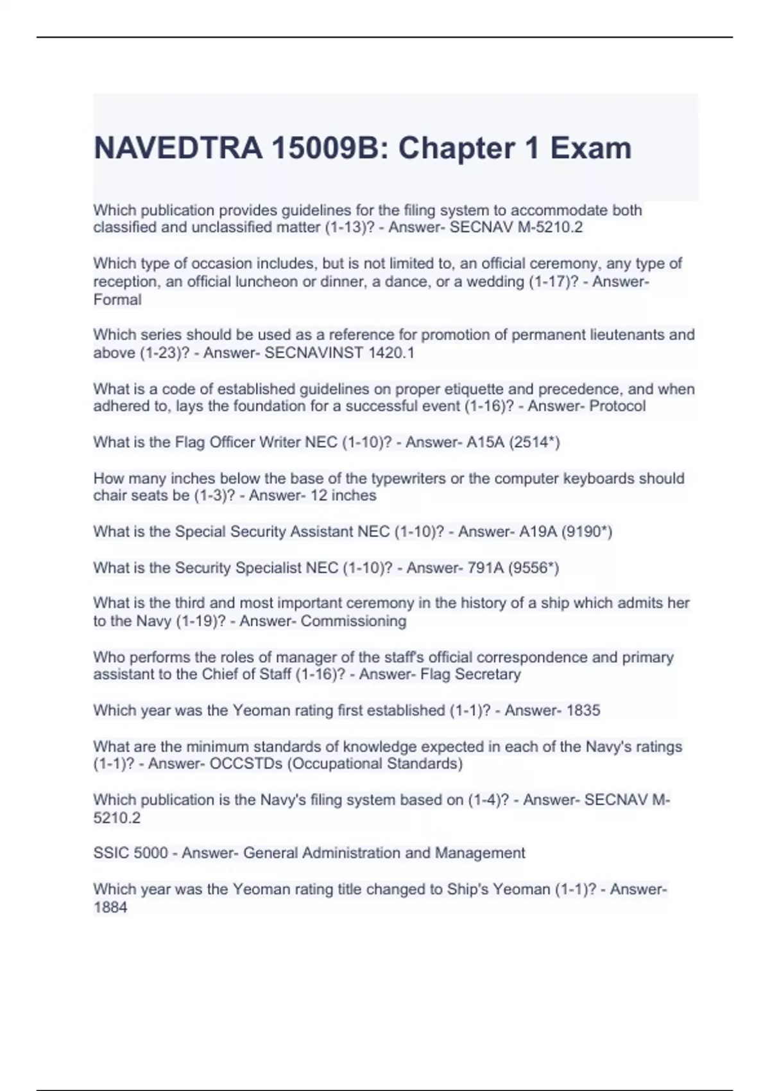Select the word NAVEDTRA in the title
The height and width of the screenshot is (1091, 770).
tap(178, 148)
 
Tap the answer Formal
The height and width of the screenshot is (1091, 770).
tap(117, 300)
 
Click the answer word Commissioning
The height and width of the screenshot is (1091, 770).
tap(354, 621)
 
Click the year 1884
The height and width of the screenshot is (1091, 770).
tap(110, 907)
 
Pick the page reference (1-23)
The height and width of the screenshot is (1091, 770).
tap(160, 353)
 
